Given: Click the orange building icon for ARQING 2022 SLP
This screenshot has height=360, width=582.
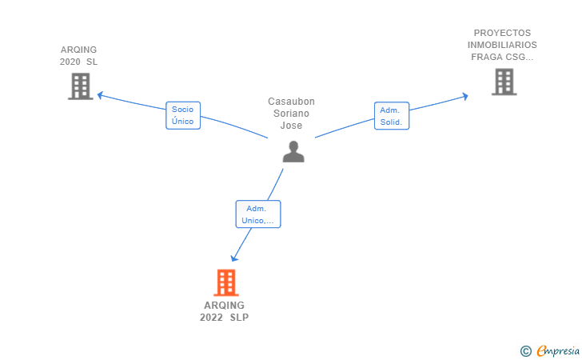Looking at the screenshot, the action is click(226, 282).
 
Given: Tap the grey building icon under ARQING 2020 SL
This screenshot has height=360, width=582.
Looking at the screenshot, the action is click(81, 86).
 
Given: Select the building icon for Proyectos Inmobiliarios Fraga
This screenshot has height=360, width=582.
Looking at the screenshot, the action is click(504, 82).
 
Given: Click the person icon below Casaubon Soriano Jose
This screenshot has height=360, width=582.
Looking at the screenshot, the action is click(293, 151).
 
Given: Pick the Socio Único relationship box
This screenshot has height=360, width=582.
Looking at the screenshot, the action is click(183, 115).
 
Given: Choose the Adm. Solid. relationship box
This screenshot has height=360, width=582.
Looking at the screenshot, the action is click(392, 116).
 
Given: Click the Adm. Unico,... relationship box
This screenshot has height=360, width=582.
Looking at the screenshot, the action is click(258, 214).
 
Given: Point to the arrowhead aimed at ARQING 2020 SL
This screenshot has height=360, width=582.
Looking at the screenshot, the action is click(100, 95).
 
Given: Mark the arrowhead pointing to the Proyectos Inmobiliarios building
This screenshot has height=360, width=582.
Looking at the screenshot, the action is click(465, 96).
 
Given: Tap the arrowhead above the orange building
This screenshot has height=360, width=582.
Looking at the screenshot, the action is click(233, 258).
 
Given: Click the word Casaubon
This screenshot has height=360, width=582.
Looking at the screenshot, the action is click(291, 102).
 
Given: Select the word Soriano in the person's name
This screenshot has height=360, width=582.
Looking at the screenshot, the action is click(291, 114).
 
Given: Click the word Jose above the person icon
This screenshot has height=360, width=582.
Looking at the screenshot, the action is click(291, 126).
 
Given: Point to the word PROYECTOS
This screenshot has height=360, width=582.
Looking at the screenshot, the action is click(502, 33).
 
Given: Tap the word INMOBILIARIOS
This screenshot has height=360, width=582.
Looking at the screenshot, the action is click(502, 45).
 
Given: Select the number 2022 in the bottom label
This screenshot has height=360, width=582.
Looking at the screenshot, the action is click(211, 318).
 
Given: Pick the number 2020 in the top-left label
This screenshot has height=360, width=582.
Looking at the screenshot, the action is click(70, 62).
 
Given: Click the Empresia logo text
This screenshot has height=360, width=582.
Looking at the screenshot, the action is click(558, 350).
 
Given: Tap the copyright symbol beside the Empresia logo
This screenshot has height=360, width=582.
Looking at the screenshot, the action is click(526, 351).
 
